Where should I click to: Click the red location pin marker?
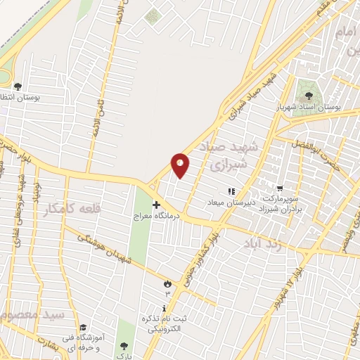(181, 165)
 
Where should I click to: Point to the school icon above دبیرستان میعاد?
(230, 191)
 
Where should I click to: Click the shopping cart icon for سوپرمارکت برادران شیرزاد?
(281, 188)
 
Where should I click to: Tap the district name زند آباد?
(261, 243)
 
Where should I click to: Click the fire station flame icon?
(167, 283)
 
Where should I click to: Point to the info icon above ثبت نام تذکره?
(164, 309)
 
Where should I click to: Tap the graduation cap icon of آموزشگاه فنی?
(83, 328)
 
